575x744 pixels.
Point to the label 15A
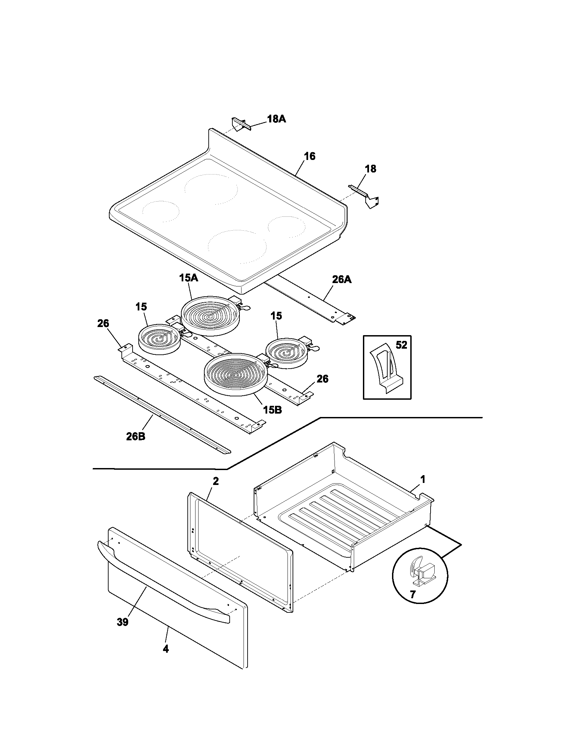[189, 278]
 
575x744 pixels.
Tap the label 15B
[272, 410]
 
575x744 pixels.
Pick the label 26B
[135, 436]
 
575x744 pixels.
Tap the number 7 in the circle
[413, 595]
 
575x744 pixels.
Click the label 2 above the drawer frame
[216, 481]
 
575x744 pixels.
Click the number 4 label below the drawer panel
[165, 649]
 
